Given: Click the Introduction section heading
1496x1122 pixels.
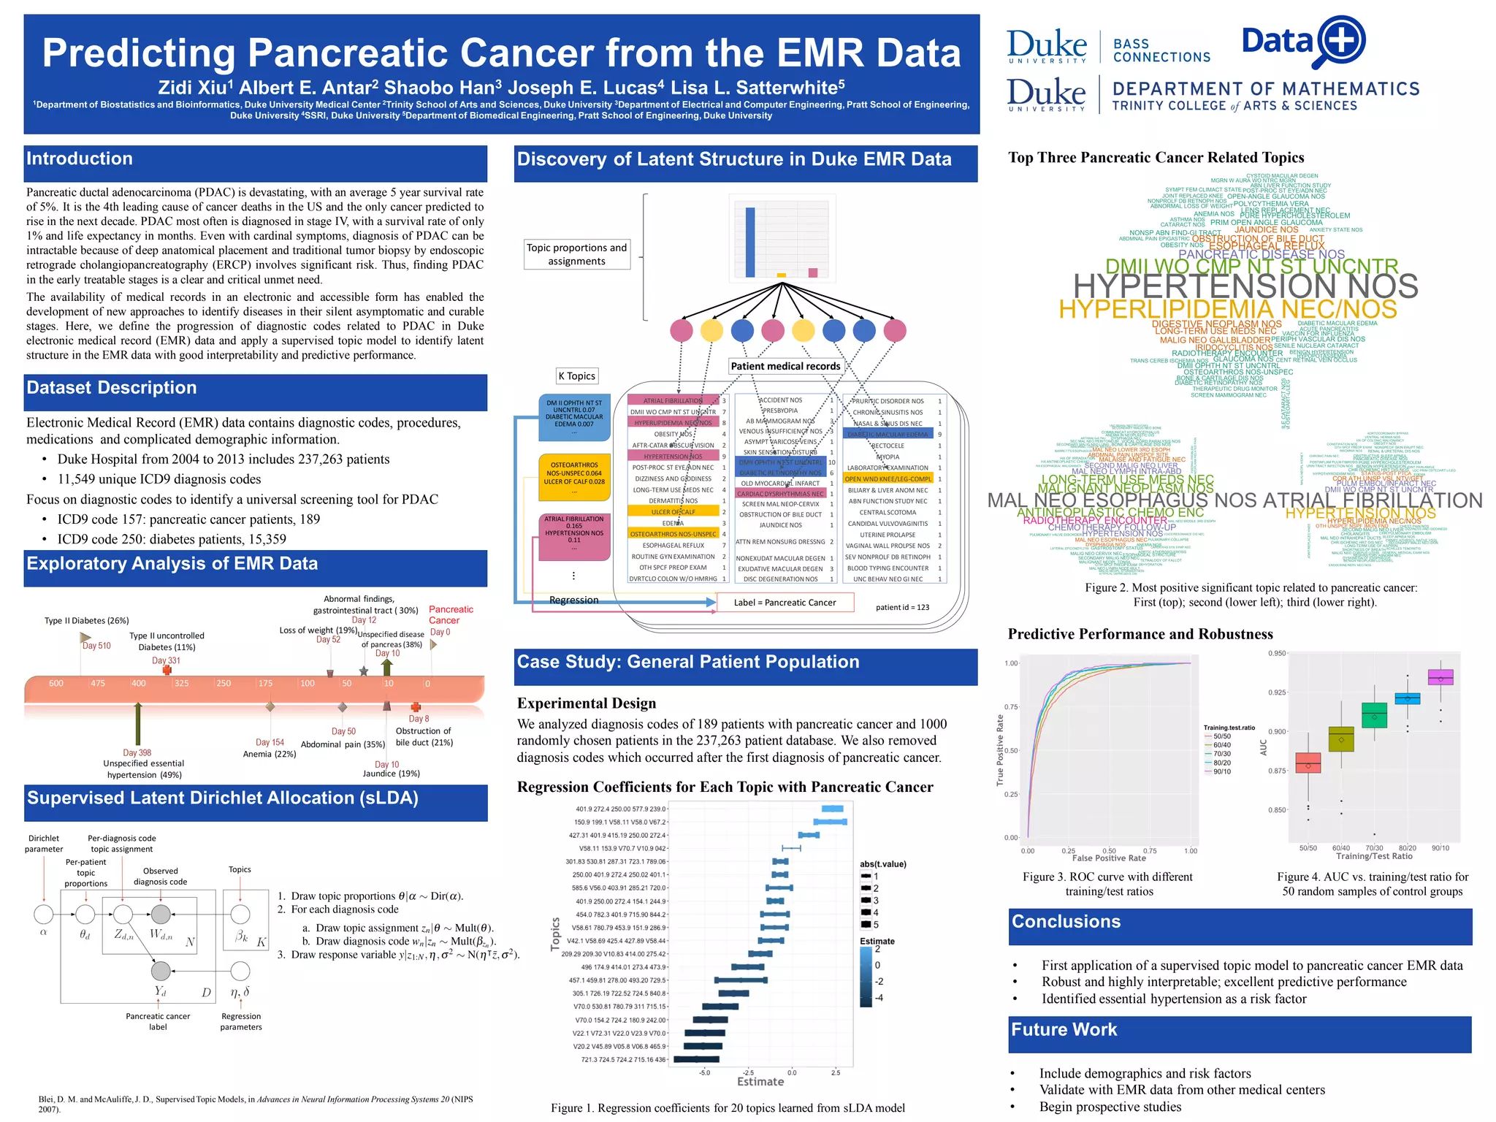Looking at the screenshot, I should [80, 159].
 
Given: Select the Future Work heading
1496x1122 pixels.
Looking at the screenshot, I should [1064, 1030].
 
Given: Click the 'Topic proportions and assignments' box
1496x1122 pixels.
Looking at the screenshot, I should [576, 254].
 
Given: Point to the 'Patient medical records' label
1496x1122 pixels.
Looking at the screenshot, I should [785, 367].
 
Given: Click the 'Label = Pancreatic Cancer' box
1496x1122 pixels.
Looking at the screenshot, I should [785, 603].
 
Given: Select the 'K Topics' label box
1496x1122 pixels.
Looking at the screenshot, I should [577, 376].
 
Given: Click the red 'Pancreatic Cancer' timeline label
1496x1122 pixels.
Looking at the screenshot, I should [450, 614].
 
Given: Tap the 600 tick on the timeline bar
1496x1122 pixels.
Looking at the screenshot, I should [56, 684].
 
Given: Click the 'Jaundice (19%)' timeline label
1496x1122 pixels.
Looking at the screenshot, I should [392, 774].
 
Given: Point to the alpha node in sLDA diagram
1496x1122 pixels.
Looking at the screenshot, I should [44, 914].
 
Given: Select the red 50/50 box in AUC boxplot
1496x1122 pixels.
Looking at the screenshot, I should [1308, 763].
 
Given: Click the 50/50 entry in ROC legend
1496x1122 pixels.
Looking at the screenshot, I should [1221, 736].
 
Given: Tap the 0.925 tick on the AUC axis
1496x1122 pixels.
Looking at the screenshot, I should [1276, 692].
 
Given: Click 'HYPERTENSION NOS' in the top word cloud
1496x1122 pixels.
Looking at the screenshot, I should [1245, 286].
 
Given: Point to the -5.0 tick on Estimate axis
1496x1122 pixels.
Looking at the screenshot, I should [704, 1072].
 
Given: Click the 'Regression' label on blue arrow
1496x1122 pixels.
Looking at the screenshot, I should [573, 600].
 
